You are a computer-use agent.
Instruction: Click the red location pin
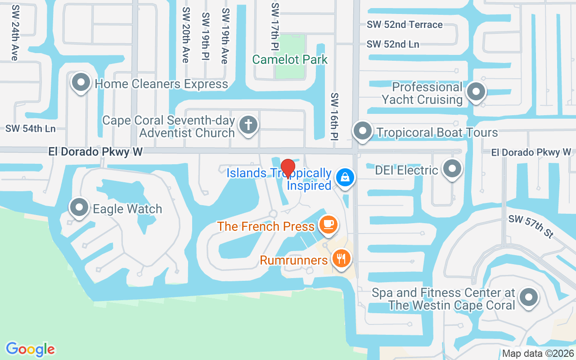pos(288,169)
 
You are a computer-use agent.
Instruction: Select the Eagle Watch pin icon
pos(80,208)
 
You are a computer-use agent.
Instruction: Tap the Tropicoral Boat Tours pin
pos(362,131)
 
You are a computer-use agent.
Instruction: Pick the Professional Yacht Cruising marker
pos(476,92)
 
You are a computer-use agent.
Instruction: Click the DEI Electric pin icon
pos(452,169)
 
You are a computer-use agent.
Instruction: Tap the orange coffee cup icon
pos(328,224)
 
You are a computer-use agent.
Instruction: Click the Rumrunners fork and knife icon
pos(342,258)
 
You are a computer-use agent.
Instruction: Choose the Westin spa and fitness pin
pos(528,297)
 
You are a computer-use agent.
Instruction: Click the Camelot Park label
pos(290,59)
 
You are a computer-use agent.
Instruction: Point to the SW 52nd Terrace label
pos(405,25)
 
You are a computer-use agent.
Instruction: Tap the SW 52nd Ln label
pos(392,44)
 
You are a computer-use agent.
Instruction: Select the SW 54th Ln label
pos(30,129)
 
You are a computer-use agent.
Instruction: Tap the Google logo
pos(30,349)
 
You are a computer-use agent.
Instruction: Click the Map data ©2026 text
pos(538,354)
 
